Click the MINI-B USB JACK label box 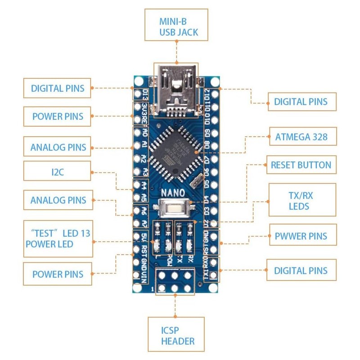[x=178, y=27]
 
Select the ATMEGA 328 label [x=301, y=136]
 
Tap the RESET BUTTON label [x=301, y=165]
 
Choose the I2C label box [x=57, y=171]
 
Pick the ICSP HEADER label [x=176, y=335]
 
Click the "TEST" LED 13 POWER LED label [x=58, y=238]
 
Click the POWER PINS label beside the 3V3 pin [x=58, y=117]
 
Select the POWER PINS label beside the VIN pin [x=58, y=274]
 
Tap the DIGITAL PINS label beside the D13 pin [x=57, y=88]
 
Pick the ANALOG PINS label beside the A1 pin [x=58, y=147]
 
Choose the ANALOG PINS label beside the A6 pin [x=58, y=200]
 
